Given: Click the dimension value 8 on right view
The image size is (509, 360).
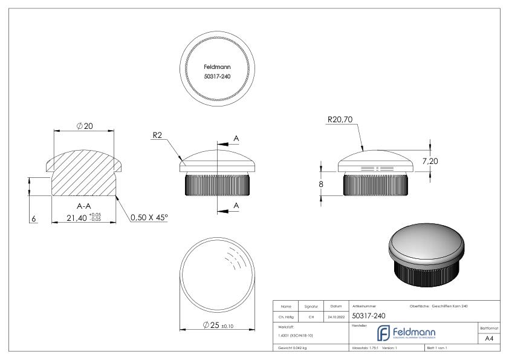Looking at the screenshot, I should coord(321,183).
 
